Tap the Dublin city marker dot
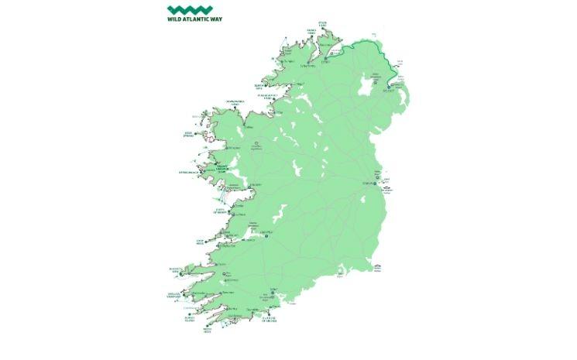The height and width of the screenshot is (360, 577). click(375, 184)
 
